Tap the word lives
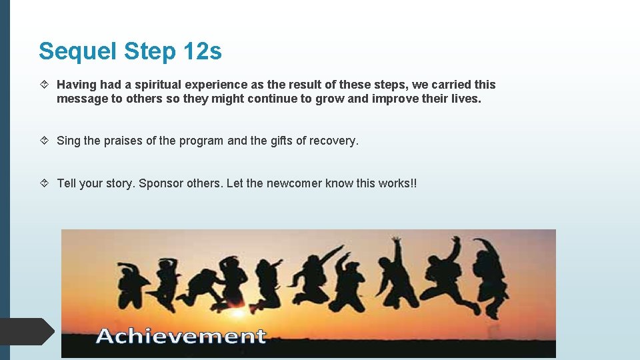[465, 99]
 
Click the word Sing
[69, 141]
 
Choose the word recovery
[334, 141]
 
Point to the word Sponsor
[162, 183]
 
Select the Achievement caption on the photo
[181, 336]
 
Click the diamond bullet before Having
[45, 85]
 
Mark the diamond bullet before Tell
[45, 183]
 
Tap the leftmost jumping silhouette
[129, 284]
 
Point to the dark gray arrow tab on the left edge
[27, 331]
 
